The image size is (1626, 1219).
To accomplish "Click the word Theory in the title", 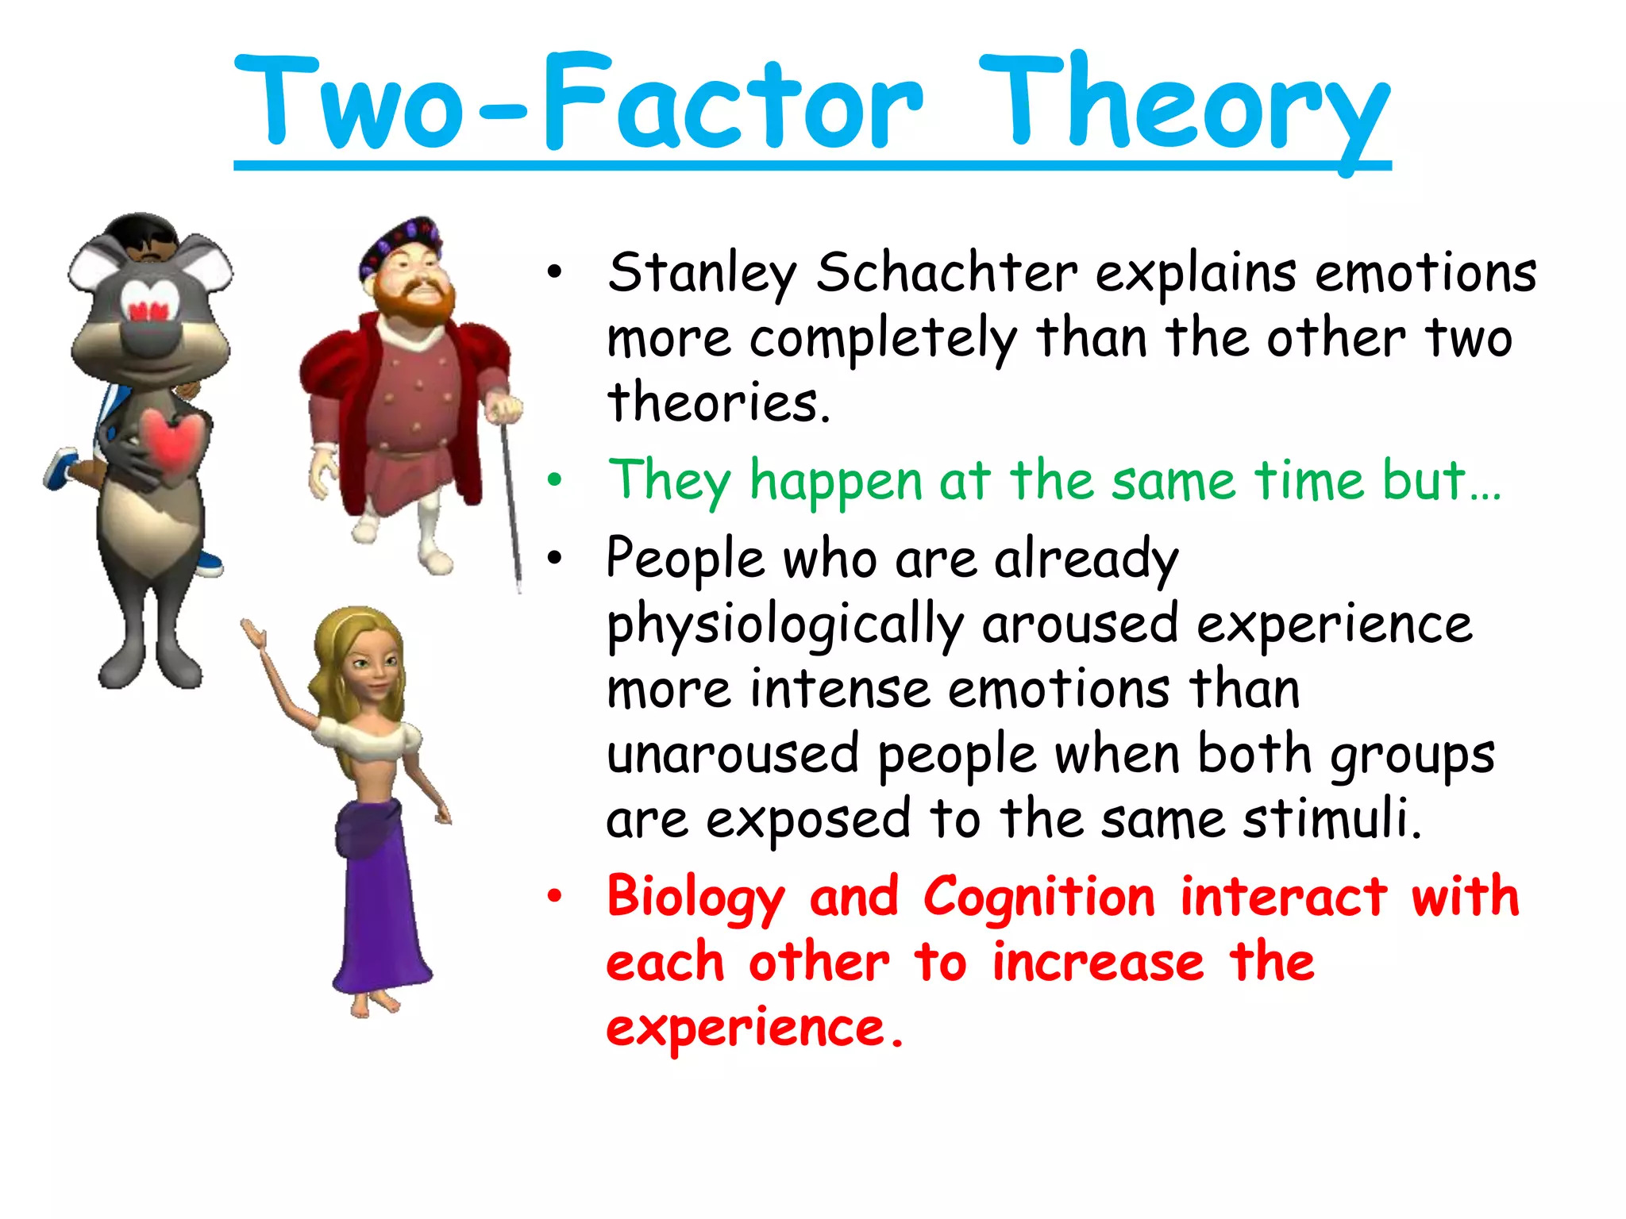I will pos(1183,103).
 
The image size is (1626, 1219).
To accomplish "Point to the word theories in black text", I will pos(718,402).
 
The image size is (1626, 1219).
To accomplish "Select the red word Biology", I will pos(695,898).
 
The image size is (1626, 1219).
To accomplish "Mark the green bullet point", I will pos(554,480).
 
